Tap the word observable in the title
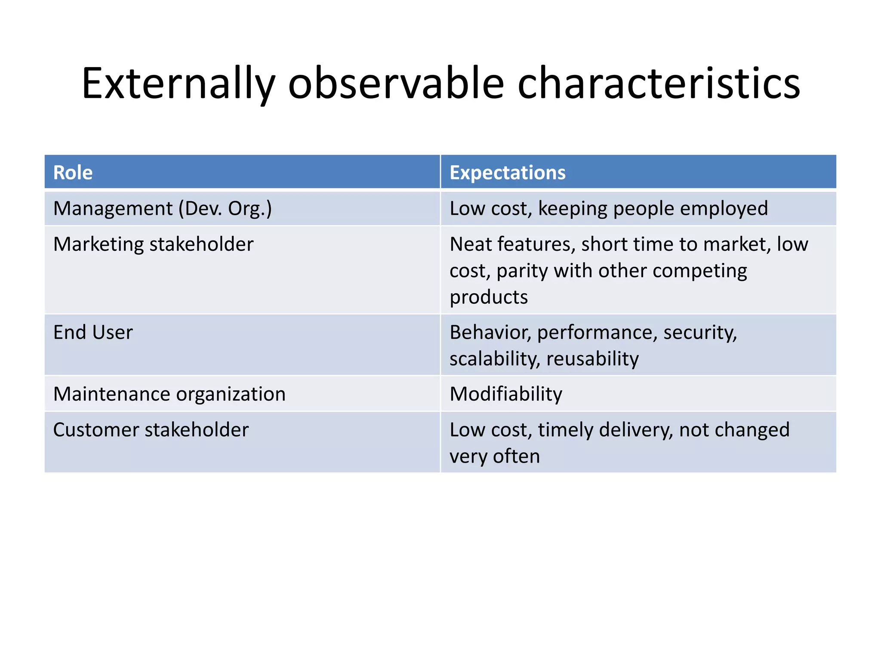click(x=396, y=83)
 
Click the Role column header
click(x=73, y=173)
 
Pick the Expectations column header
click(x=507, y=173)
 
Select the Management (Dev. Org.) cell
click(x=163, y=209)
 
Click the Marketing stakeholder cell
click(x=153, y=244)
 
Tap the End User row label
click(x=93, y=333)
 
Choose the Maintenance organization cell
click(x=169, y=394)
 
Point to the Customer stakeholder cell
click(x=151, y=430)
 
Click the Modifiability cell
click(x=506, y=394)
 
